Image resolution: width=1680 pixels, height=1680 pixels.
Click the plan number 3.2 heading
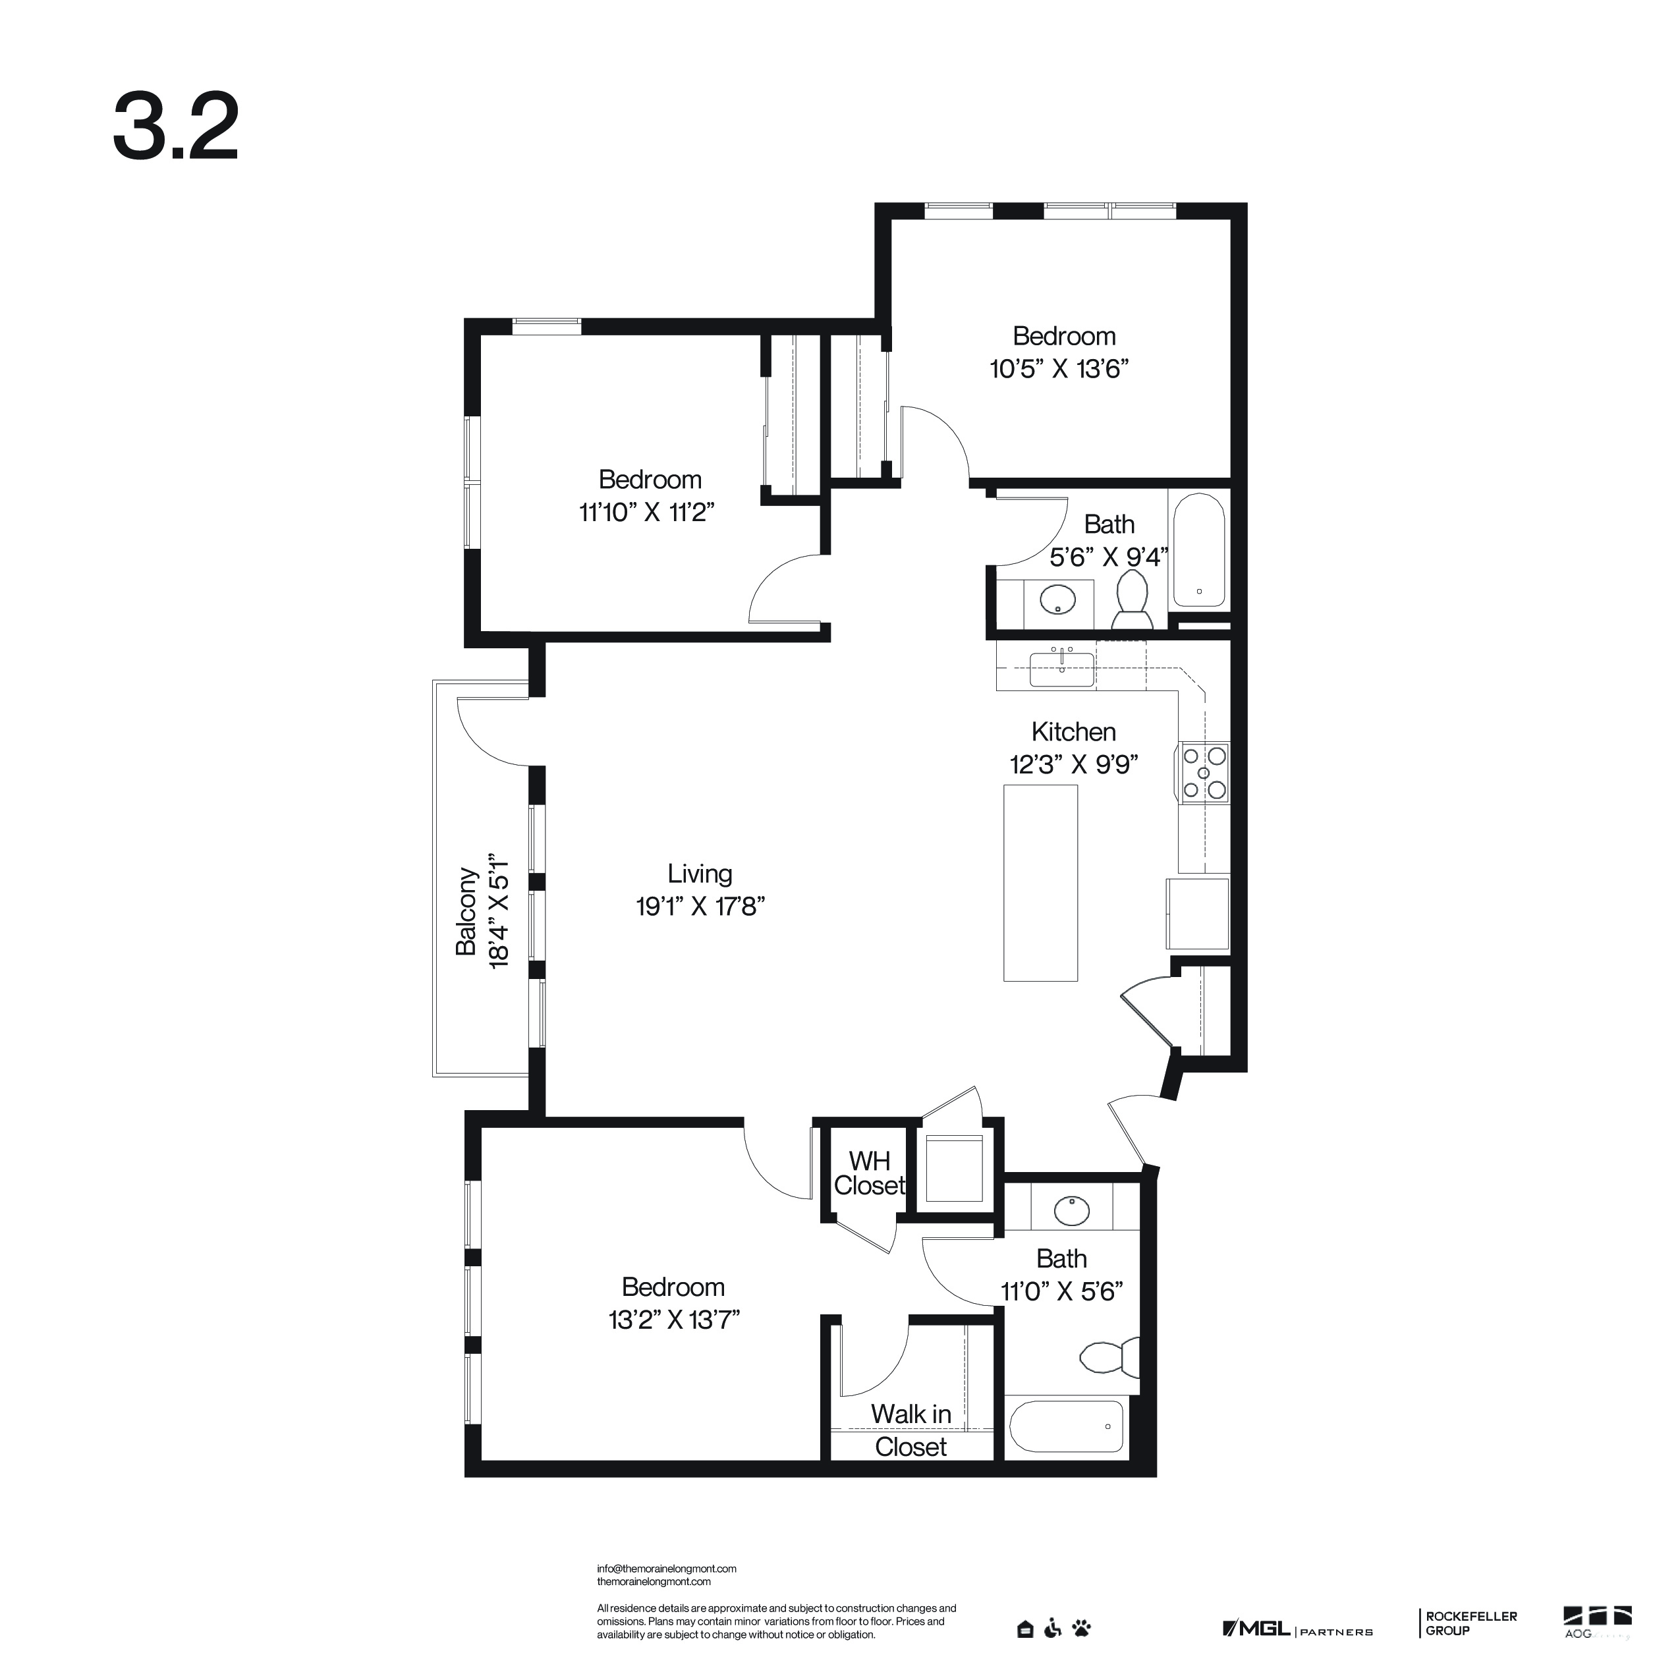[x=176, y=127]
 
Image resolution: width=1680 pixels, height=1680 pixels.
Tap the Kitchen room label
[x=1073, y=731]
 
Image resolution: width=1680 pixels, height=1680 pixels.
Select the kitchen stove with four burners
[x=1204, y=773]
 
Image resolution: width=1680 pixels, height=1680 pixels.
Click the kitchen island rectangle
[x=1040, y=883]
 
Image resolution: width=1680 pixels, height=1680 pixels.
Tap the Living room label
[x=700, y=874]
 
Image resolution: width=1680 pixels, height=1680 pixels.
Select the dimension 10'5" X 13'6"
[x=1059, y=369]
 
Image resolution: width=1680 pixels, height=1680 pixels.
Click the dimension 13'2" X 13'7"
[x=674, y=1320]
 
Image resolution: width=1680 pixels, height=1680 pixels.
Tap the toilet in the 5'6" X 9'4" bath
[x=1132, y=600]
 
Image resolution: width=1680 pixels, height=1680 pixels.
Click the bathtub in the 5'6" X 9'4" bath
[x=1199, y=550]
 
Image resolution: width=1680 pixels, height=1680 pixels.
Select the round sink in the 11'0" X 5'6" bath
[x=1072, y=1210]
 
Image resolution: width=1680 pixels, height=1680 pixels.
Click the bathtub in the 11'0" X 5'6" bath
[x=1067, y=1427]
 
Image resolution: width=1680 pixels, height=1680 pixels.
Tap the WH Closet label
[x=870, y=1173]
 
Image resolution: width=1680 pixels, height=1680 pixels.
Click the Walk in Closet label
[x=911, y=1430]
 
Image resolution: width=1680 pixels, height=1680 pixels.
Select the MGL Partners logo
[x=1297, y=1629]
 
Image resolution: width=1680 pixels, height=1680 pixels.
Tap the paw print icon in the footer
[x=1082, y=1628]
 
